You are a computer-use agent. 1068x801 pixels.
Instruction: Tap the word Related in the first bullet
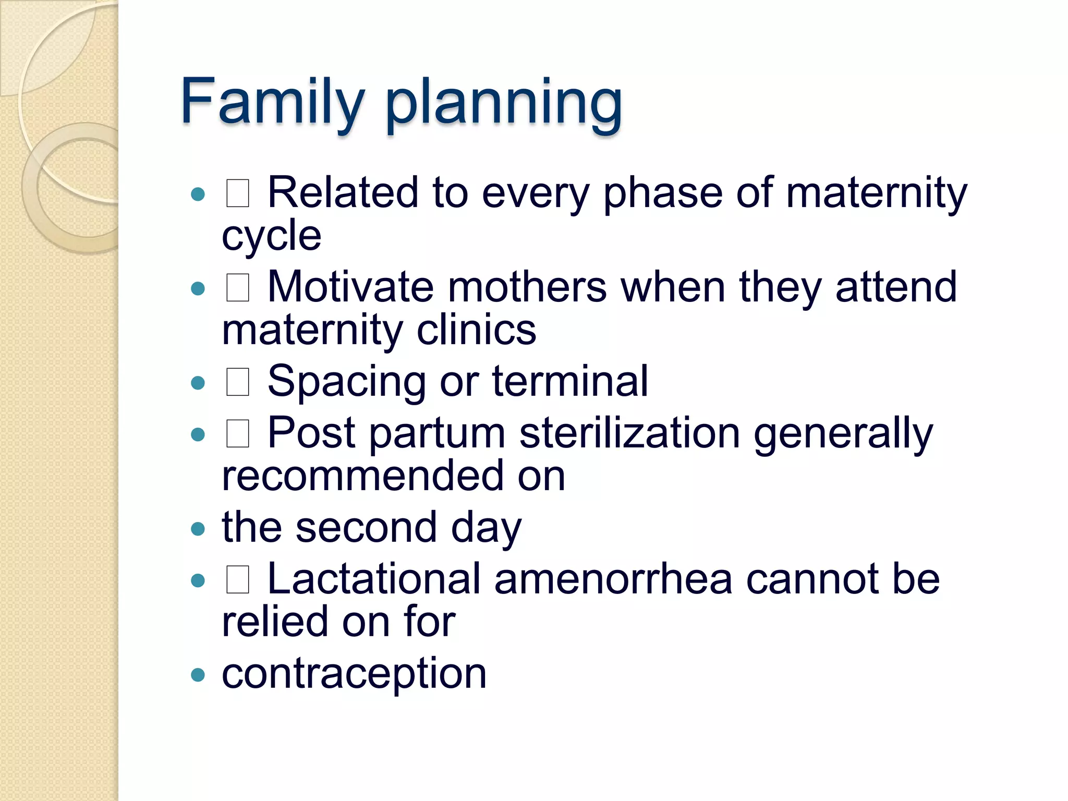coord(343,192)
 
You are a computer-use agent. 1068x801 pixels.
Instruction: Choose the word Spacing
coord(346,382)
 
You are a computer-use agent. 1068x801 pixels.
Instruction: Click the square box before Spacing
coord(238,382)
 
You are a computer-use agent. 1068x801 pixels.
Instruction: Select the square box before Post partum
coord(238,433)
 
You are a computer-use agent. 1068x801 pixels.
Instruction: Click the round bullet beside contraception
coord(198,675)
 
